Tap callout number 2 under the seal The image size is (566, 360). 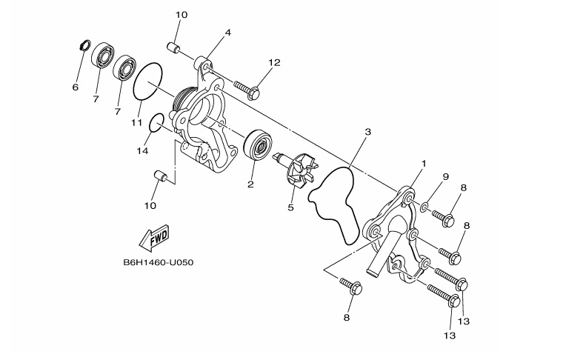coord(250,184)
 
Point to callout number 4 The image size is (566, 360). coord(228,33)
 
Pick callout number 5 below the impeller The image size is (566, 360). coord(291,207)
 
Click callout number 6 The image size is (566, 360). coord(75,87)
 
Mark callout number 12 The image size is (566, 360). coord(275,63)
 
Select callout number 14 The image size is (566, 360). coord(143,150)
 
